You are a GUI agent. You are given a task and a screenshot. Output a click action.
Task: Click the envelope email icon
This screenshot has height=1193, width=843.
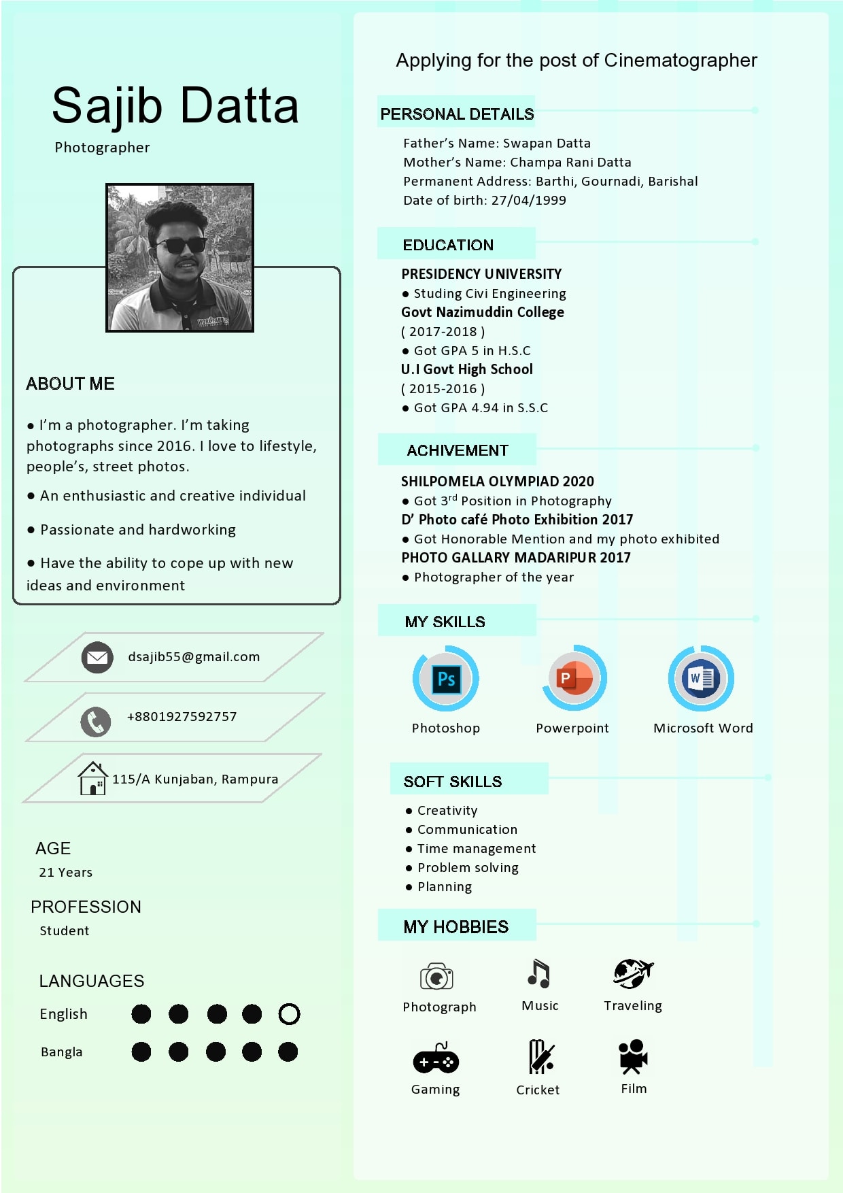pos(97,657)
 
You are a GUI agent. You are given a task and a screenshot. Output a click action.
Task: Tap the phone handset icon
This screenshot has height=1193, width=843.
pos(96,722)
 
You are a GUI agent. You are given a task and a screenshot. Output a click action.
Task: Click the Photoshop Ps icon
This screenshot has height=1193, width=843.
pos(446,679)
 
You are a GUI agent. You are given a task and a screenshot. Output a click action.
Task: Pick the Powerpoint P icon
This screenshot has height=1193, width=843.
pos(573,678)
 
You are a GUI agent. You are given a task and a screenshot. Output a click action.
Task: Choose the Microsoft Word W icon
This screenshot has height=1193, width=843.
pos(701,678)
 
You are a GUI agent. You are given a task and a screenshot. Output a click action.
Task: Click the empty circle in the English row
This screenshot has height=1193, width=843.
pos(289,1014)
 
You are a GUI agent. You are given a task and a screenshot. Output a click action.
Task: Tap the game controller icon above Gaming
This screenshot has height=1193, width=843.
pos(436,1059)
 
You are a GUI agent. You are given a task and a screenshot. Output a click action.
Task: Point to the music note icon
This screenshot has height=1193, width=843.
pos(538,973)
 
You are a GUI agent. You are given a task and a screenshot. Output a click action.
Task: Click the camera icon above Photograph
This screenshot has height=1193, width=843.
pos(436,977)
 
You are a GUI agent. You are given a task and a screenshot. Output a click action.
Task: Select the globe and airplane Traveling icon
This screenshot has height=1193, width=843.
pos(632,973)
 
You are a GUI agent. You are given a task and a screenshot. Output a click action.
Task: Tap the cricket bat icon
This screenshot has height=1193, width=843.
pos(540,1056)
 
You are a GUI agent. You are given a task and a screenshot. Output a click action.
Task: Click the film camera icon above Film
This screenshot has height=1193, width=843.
pos(633,1056)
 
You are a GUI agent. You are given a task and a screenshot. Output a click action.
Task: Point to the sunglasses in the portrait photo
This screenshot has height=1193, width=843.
pos(180,246)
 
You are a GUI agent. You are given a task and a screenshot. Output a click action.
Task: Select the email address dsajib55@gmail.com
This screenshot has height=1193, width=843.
pos(194,657)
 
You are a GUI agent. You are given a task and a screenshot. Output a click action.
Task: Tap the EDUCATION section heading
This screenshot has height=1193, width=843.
pos(448,245)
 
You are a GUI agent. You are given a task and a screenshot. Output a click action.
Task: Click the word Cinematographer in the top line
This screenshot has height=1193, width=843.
pos(680,61)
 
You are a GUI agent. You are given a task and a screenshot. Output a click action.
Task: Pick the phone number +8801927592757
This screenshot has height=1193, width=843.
pos(182,717)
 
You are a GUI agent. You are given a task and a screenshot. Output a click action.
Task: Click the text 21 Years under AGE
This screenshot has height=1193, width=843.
pos(65,873)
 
